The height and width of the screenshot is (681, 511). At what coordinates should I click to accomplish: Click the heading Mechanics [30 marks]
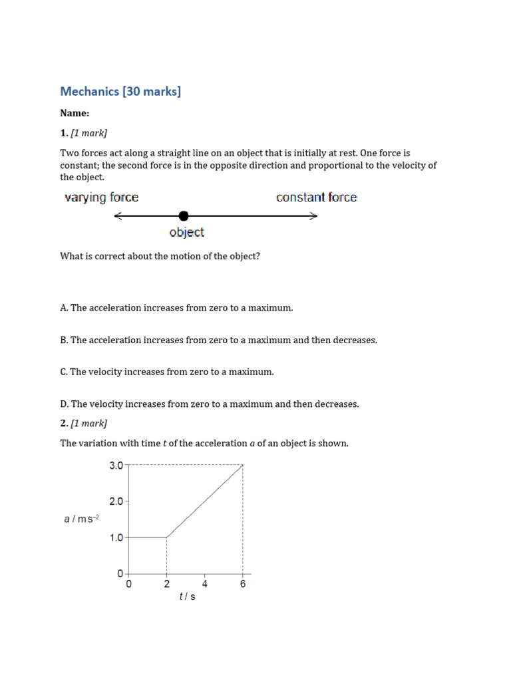[120, 91]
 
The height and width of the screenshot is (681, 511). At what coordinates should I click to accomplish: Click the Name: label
[75, 114]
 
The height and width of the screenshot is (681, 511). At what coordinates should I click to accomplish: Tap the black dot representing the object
[184, 215]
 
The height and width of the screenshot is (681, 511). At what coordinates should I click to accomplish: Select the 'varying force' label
[101, 198]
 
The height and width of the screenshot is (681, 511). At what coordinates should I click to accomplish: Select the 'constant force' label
[316, 198]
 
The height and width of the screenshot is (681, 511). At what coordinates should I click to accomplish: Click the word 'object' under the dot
[186, 233]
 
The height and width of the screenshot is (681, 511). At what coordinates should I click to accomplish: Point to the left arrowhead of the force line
[118, 215]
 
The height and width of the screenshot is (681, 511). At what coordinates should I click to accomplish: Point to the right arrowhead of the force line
[314, 215]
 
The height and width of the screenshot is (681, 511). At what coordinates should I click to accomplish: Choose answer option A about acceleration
[176, 308]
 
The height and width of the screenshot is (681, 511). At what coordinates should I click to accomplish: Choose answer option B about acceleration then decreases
[218, 340]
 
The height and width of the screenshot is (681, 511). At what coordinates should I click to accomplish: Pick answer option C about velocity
[166, 372]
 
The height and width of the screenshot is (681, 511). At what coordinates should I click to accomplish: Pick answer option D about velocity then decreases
[209, 404]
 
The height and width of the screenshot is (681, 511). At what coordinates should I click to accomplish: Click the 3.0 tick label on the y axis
[116, 466]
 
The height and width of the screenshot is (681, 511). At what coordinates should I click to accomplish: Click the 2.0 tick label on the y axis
[116, 501]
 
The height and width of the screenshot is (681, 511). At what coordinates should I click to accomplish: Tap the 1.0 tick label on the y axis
[116, 537]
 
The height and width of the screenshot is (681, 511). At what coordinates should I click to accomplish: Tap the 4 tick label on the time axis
[205, 585]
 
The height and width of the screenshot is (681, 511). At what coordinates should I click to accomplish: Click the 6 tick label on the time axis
[243, 585]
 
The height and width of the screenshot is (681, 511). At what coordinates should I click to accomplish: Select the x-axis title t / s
[187, 597]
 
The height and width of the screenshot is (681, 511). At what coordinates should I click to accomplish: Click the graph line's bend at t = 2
[166, 537]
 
